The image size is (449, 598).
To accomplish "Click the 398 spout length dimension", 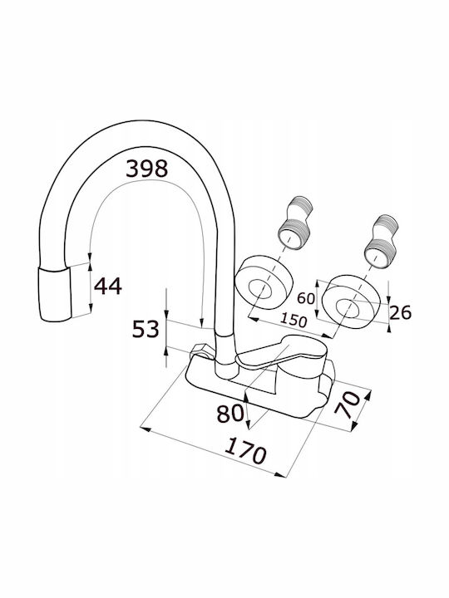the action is click(x=146, y=169).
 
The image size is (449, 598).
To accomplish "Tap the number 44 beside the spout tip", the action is click(x=107, y=286).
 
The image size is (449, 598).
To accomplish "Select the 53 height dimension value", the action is click(x=146, y=329).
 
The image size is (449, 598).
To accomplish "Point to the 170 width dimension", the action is click(x=245, y=451).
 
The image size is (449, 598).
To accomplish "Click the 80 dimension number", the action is click(x=229, y=413).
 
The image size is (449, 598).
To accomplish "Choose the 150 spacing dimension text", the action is click(x=293, y=320).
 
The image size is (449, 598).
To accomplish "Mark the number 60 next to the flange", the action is click(x=306, y=298).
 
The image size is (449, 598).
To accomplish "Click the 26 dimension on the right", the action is click(x=401, y=313).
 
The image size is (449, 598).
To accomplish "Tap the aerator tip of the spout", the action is click(x=56, y=294).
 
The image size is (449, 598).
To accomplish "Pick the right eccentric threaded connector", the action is click(x=381, y=241).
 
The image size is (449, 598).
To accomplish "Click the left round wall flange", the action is click(x=264, y=282).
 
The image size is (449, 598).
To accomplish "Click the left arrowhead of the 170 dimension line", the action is click(x=146, y=429).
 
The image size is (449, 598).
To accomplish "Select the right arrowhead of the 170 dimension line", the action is click(x=280, y=475).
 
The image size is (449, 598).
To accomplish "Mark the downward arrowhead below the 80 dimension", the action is click(x=248, y=424).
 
